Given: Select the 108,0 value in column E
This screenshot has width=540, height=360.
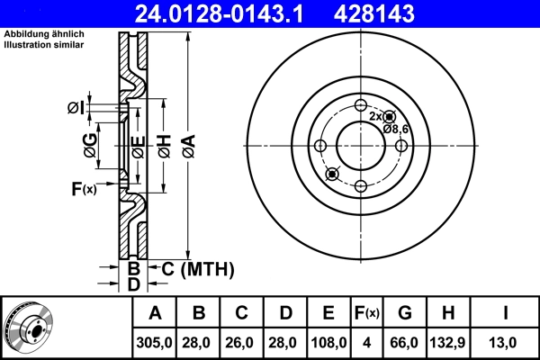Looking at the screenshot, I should pyautogui.click(x=328, y=342).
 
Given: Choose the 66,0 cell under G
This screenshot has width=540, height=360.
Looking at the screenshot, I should pyautogui.click(x=405, y=342).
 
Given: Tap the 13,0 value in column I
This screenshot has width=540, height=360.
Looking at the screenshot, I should pyautogui.click(x=506, y=342).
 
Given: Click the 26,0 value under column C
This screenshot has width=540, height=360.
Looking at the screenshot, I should pyautogui.click(x=241, y=342).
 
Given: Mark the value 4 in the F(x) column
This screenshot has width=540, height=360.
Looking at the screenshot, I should pyautogui.click(x=367, y=342).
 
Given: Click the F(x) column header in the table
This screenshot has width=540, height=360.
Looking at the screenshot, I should pyautogui.click(x=367, y=313).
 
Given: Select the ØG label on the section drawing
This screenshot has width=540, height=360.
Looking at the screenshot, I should pyautogui.click(x=90, y=144).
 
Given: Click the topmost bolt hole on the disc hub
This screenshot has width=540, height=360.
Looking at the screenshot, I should pyautogui.click(x=360, y=104).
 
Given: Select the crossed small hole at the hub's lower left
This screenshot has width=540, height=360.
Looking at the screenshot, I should pyautogui.click(x=331, y=173).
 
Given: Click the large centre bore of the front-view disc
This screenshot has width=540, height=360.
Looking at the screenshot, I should pyautogui.click(x=360, y=145).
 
